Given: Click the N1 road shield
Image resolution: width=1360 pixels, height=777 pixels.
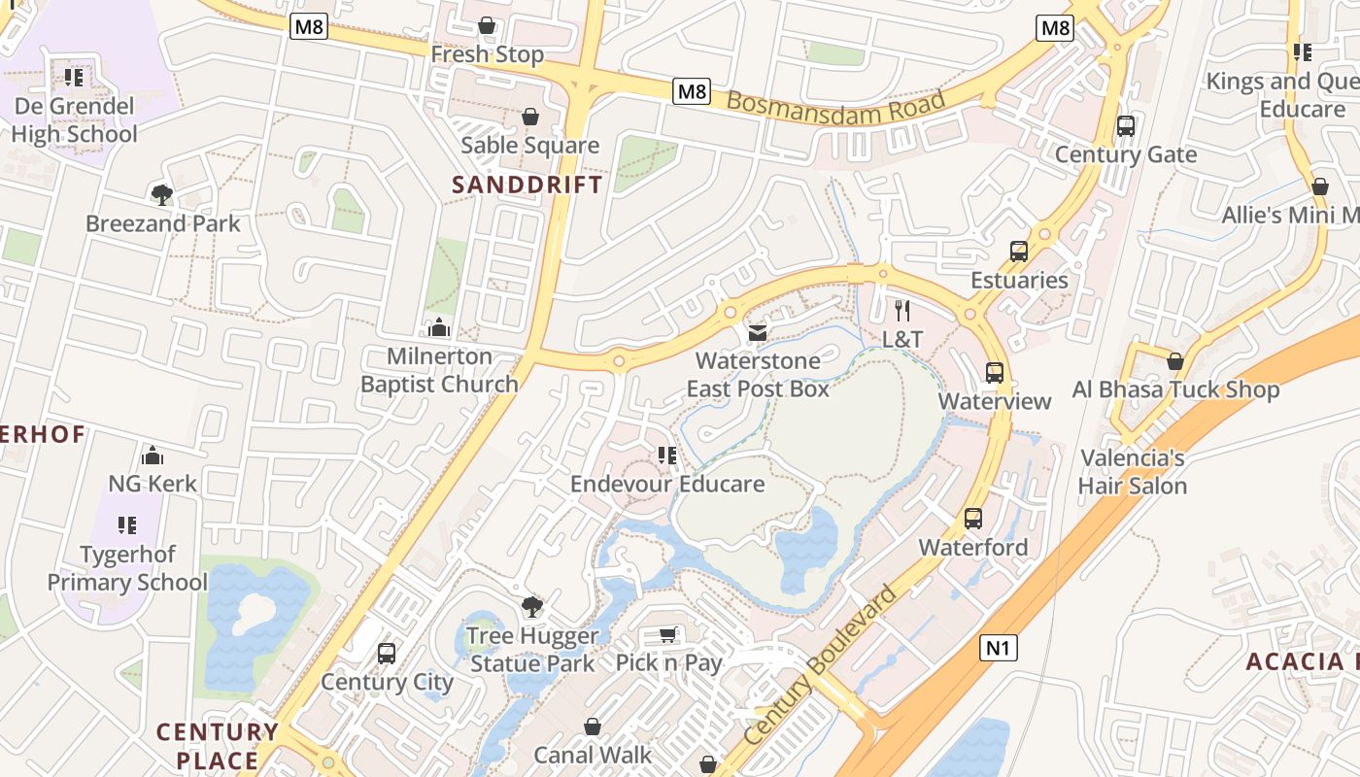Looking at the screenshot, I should click(998, 648).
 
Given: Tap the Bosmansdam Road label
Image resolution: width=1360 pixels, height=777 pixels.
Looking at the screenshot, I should click(835, 108).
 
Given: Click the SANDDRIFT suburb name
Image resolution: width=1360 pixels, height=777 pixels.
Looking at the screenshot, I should click(527, 185).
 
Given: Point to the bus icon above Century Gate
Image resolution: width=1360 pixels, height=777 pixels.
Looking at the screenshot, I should click(1126, 126).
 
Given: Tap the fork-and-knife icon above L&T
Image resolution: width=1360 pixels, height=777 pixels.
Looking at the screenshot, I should click(902, 311).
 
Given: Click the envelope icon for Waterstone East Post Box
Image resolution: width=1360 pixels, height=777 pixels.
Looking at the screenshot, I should click(758, 333).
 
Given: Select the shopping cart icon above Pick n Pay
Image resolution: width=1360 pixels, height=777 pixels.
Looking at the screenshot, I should click(668, 635).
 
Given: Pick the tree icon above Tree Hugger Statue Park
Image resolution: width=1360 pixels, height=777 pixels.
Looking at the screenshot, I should click(531, 608).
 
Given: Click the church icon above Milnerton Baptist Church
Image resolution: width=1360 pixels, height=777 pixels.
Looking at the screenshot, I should click(439, 327).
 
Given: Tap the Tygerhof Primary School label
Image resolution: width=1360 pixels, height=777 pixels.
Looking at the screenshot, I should click(127, 568).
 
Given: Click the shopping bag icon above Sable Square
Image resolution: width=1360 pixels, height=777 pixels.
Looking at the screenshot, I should click(530, 117).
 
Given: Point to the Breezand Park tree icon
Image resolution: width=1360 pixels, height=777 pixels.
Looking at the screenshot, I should click(162, 195).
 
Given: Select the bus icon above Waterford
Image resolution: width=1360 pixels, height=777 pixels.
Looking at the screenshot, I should click(973, 519).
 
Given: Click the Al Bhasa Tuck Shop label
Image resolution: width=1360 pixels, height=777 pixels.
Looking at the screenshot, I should click(1175, 389).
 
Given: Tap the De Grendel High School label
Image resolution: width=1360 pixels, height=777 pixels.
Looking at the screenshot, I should click(74, 119).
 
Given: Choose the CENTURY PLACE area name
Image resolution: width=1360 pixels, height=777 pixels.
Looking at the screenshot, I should click(217, 745).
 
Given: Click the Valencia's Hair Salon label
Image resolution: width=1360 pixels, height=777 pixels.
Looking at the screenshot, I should click(1133, 471).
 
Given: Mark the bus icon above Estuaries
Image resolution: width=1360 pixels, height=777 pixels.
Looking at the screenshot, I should click(1019, 252).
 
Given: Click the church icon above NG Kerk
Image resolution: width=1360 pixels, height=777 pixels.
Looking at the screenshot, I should click(153, 456).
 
